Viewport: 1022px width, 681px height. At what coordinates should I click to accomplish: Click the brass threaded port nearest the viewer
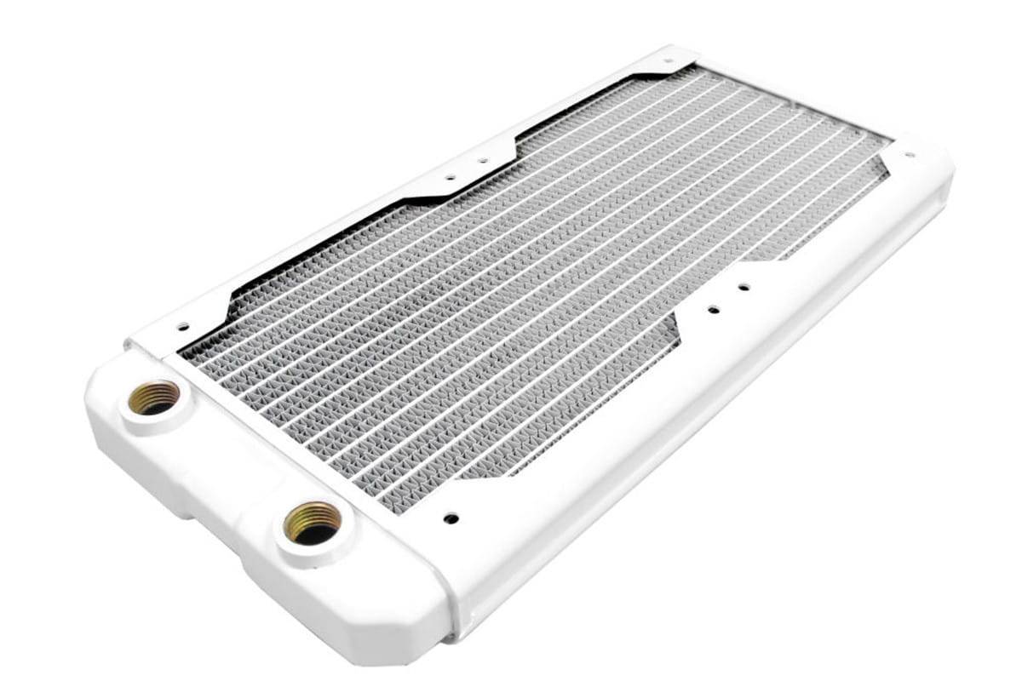pyautogui.click(x=313, y=523)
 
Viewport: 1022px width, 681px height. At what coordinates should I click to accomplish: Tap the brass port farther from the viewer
pyautogui.click(x=154, y=397)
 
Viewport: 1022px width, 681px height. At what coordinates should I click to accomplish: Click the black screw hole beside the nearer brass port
pyautogui.click(x=451, y=518)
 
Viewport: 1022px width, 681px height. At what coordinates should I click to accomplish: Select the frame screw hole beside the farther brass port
pyautogui.click(x=181, y=325)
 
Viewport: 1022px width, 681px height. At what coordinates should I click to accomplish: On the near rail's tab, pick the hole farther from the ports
pyautogui.click(x=744, y=287)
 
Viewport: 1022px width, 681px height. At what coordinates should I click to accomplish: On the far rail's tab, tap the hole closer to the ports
pyautogui.click(x=451, y=178)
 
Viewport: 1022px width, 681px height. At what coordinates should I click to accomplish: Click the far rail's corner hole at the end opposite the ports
pyautogui.click(x=668, y=61)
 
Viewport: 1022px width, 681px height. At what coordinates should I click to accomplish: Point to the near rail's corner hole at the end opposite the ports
pyautogui.click(x=909, y=156)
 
